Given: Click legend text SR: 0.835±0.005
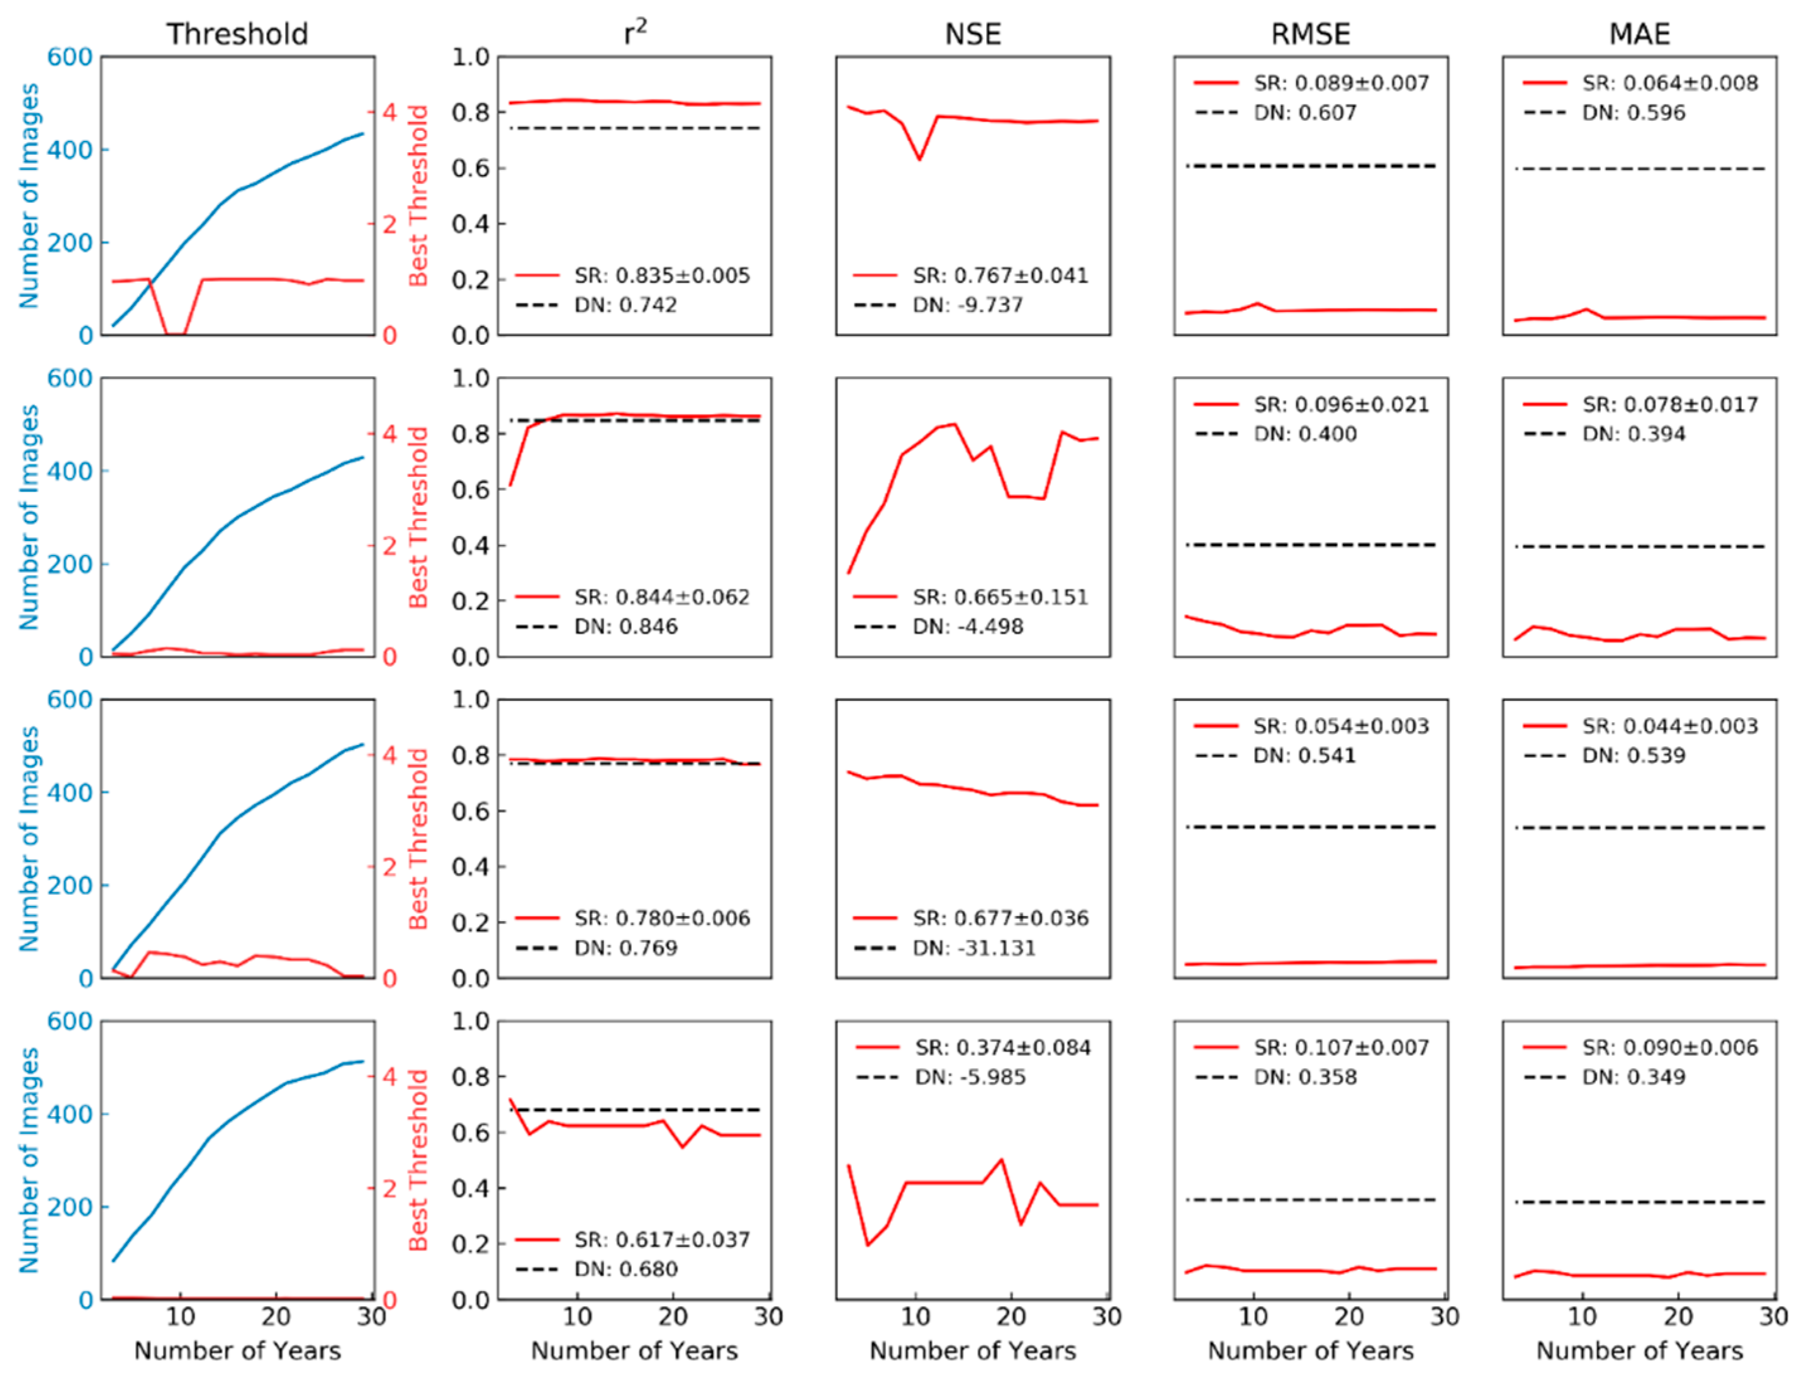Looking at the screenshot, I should [x=662, y=275].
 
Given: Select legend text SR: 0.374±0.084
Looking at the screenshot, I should [x=1003, y=1048].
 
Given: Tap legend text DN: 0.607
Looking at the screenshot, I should [x=1305, y=112].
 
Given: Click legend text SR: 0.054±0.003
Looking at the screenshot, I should [x=1341, y=725].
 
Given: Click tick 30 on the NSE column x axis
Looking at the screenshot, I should [x=1107, y=1317].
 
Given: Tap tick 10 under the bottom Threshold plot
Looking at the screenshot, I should [x=180, y=1317].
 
